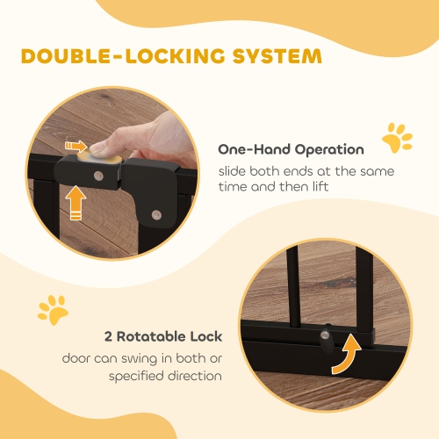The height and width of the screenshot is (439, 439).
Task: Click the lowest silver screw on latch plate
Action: click(x=156, y=213)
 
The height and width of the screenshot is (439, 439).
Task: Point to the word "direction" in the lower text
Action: click(x=193, y=376)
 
